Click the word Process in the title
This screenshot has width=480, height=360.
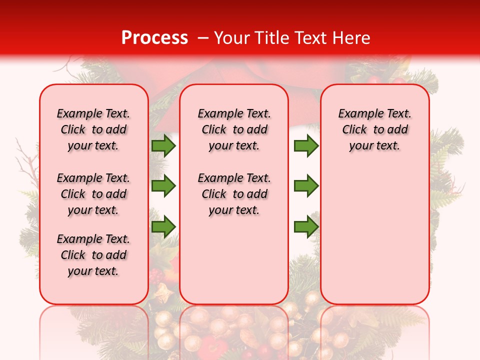[x=154, y=38]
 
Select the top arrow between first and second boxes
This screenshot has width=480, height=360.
[x=163, y=145]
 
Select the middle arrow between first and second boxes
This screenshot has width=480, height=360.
[x=163, y=186]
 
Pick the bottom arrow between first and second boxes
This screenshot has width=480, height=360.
[x=163, y=226]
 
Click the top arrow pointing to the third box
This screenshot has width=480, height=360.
[x=306, y=145]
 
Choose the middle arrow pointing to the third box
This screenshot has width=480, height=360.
[x=306, y=186]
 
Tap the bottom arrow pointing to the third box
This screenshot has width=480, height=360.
[x=306, y=226]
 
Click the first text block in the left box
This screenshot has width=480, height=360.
[x=93, y=129]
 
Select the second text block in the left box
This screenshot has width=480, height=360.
[x=93, y=194]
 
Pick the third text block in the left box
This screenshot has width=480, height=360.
[x=93, y=255]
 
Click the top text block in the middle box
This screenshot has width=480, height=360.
[x=234, y=129]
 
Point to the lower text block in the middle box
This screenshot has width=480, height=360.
[x=234, y=194]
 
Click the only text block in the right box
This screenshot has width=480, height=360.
[x=374, y=129]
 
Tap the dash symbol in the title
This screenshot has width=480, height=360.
[x=203, y=38]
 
